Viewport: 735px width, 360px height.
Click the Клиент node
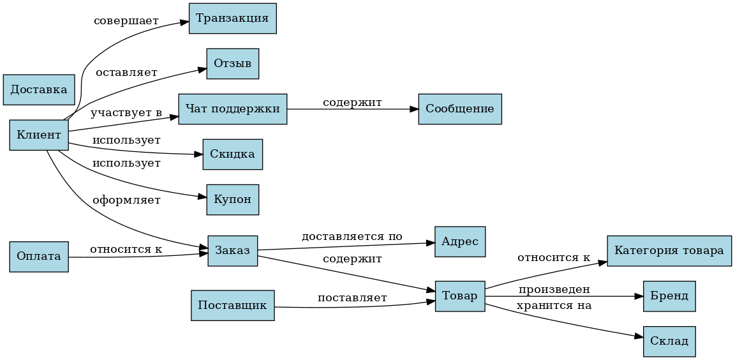tap(39, 135)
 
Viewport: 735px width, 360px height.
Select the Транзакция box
tap(232, 18)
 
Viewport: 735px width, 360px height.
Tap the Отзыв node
tap(232, 64)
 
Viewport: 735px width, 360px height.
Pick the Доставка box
tap(39, 89)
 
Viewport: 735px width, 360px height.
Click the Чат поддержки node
tap(232, 109)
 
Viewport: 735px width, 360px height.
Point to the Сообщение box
tap(459, 109)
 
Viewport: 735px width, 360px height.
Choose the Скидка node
tap(232, 154)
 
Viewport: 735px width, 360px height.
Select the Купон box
tap(232, 200)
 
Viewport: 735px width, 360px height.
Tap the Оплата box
tap(39, 257)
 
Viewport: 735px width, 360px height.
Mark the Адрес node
tap(459, 242)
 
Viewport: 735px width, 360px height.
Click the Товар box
tap(459, 296)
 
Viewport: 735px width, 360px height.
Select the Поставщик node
tap(232, 305)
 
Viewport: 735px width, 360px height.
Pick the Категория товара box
tap(669, 251)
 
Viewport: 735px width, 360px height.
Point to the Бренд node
tap(669, 296)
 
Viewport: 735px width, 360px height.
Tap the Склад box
tap(669, 341)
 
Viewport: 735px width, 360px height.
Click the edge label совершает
tap(126, 21)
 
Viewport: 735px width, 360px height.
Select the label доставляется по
tap(352, 237)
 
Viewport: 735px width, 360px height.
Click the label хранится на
tap(554, 306)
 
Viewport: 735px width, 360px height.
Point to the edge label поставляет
tap(352, 298)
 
